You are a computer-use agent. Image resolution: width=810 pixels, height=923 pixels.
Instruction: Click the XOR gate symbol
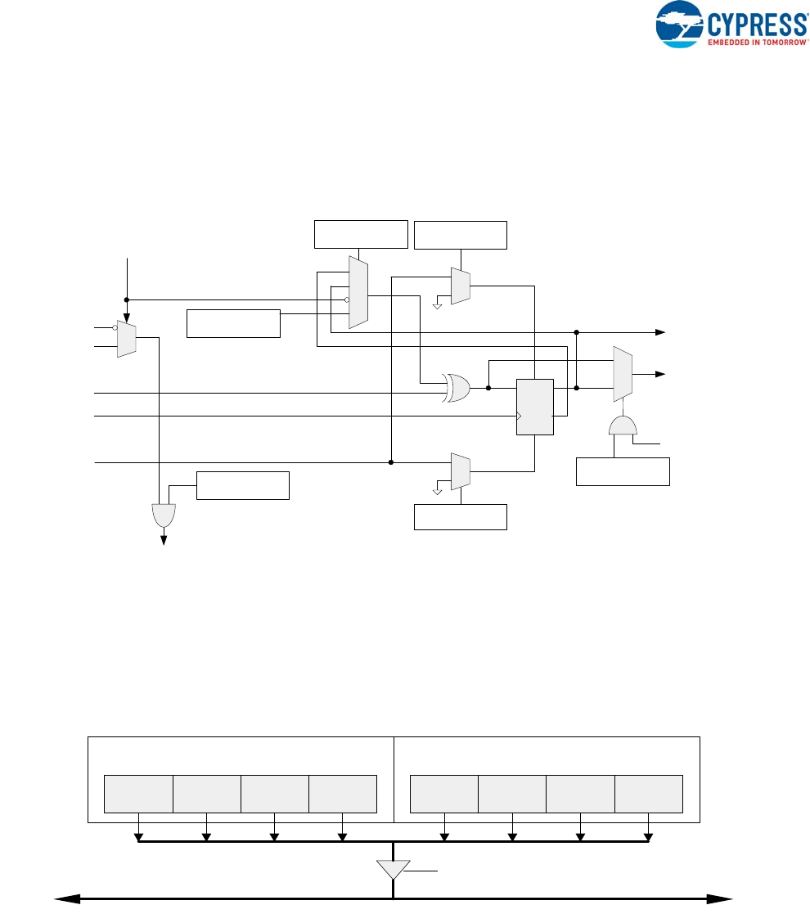(457, 387)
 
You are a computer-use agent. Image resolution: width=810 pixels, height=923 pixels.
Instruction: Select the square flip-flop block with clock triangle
(535, 407)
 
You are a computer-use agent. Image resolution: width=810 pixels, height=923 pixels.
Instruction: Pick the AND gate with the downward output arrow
(164, 515)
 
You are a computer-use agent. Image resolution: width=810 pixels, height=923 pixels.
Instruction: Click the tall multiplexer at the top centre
(358, 292)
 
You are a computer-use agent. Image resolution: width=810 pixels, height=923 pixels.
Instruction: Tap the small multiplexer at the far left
(126, 338)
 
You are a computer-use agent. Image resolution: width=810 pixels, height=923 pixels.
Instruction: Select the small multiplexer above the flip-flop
(461, 286)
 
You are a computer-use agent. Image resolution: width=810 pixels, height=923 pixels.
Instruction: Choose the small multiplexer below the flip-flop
(461, 472)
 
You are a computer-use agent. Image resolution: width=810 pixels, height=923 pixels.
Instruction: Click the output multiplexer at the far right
(623, 374)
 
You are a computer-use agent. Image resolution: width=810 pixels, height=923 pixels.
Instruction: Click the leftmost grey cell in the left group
(138, 793)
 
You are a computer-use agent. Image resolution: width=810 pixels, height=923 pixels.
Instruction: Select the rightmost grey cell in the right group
(649, 793)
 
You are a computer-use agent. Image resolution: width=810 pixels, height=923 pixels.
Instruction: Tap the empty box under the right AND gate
(623, 472)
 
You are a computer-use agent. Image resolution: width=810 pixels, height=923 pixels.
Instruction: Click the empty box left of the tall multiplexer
(234, 323)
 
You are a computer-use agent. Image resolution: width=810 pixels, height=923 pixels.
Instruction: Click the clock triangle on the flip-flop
(520, 416)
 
